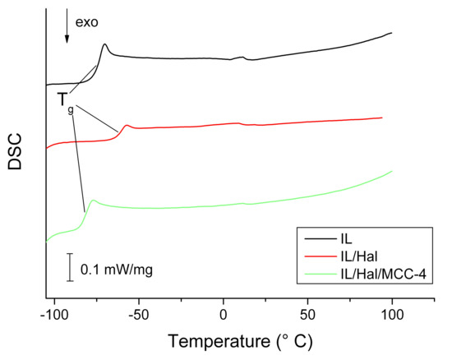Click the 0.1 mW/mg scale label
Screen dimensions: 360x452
point(116,269)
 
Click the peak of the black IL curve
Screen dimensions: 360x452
point(105,44)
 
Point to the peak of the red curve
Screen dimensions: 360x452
point(127,125)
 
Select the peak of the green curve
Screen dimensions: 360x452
point(93,200)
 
